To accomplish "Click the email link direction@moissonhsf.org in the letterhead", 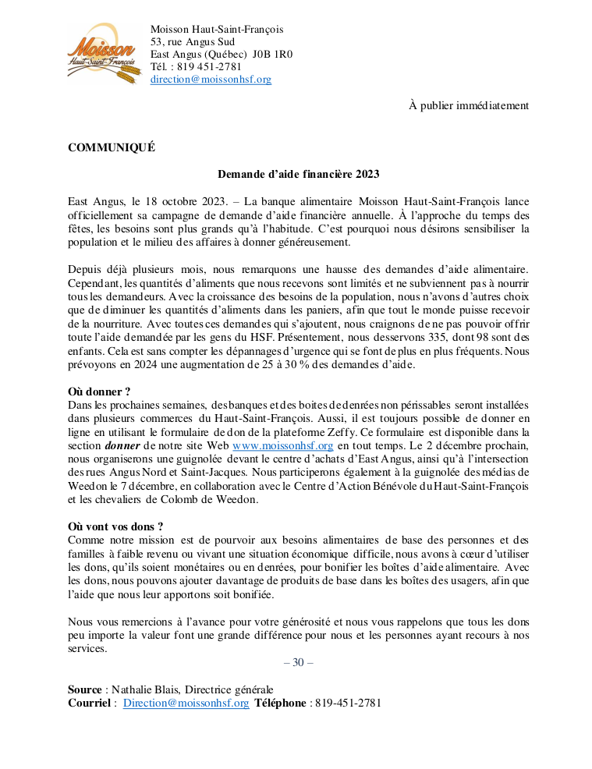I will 211,80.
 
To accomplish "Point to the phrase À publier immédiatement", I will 469,105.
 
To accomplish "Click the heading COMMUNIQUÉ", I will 112,147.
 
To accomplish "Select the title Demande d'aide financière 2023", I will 298,174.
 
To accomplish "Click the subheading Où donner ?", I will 99,392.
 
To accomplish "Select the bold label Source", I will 84,689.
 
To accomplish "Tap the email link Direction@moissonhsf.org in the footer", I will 186,703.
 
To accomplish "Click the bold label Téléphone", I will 280,703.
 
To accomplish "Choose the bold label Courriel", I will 89,703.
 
